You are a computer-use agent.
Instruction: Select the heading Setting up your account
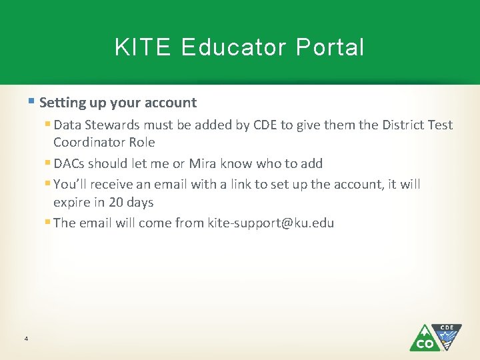click(x=118, y=103)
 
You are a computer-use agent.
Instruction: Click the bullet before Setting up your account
click(x=33, y=102)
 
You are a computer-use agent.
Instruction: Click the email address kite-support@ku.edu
click(x=271, y=223)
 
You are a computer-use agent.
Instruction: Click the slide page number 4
click(x=25, y=339)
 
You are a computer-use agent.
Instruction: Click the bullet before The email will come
click(x=48, y=222)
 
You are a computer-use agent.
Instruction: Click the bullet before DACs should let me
click(x=48, y=163)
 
